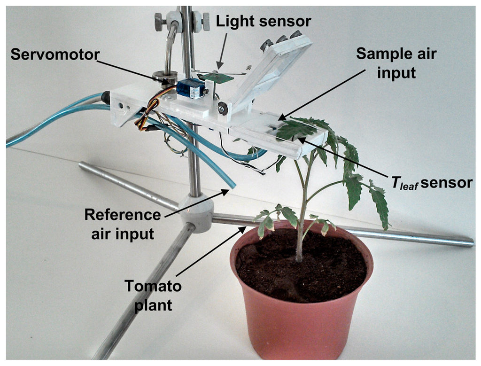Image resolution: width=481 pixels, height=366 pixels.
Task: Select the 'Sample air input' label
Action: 396,63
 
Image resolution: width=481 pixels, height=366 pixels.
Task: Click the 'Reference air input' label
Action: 123,224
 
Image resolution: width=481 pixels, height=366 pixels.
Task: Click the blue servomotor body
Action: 189,88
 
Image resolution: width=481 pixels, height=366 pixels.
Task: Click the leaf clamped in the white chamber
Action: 296,129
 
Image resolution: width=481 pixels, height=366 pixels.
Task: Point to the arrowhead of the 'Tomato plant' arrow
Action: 244,227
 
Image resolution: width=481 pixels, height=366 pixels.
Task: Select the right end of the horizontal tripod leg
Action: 470,243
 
